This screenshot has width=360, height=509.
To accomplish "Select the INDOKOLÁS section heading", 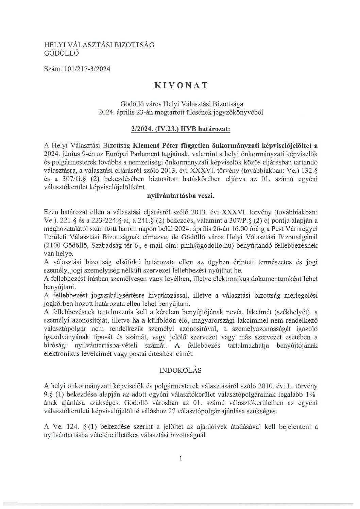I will tap(180, 370).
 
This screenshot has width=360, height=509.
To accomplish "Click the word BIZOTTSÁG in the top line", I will tap(136, 45).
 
